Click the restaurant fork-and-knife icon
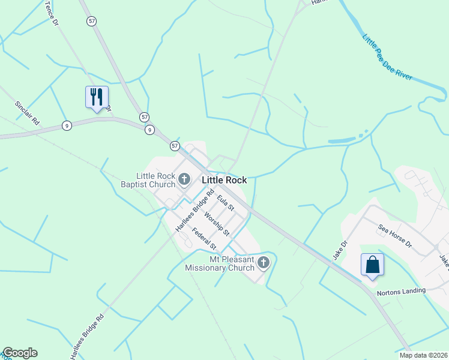(97, 97)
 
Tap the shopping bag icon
(372, 264)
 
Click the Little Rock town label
(224, 179)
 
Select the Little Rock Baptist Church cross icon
(184, 178)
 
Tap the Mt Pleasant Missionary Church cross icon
(264, 262)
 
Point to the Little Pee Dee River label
(387, 58)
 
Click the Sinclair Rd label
(27, 112)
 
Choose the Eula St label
(226, 202)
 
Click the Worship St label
(217, 223)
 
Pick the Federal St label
(204, 239)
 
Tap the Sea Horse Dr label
(395, 236)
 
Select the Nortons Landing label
(401, 291)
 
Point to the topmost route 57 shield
(91, 20)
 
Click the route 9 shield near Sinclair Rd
(67, 125)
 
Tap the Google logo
(20, 353)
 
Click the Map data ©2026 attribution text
(424, 355)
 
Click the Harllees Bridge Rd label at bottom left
(87, 337)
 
